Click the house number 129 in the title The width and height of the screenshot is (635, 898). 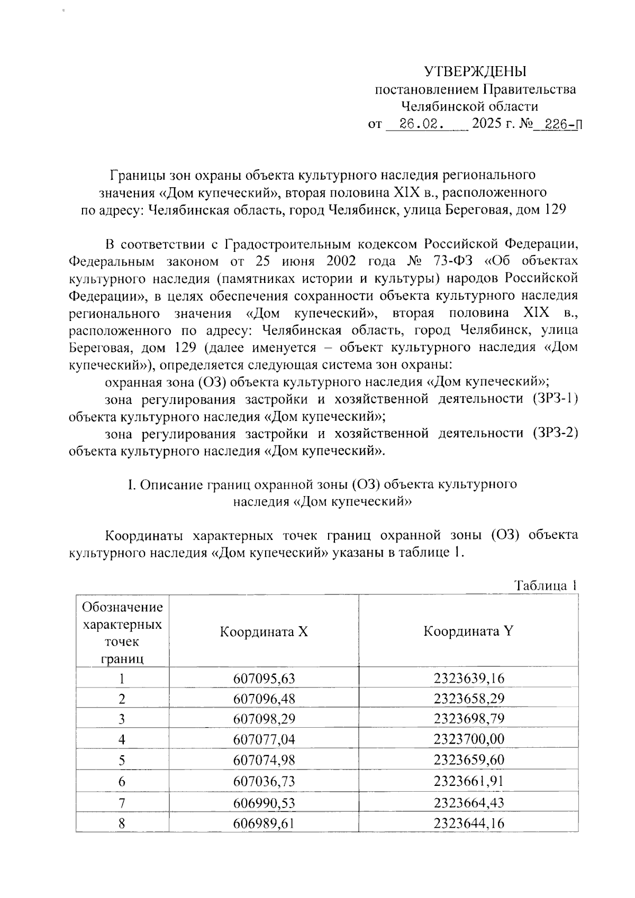pyautogui.click(x=555, y=209)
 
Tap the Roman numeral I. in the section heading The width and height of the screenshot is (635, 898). pyautogui.click(x=132, y=484)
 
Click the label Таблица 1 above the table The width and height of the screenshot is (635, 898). pyautogui.click(x=545, y=585)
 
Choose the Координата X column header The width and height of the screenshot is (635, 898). pyautogui.click(x=264, y=631)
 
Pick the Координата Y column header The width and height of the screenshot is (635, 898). pyautogui.click(x=468, y=631)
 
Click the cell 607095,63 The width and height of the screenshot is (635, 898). pyautogui.click(x=264, y=679)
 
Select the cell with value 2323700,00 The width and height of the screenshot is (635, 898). pyautogui.click(x=469, y=739)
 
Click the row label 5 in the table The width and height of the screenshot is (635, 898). pyautogui.click(x=122, y=760)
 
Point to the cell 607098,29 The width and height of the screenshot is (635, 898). pyautogui.click(x=264, y=719)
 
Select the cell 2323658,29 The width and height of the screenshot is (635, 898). pyautogui.click(x=469, y=699)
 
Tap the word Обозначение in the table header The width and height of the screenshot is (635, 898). pyautogui.click(x=123, y=607)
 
